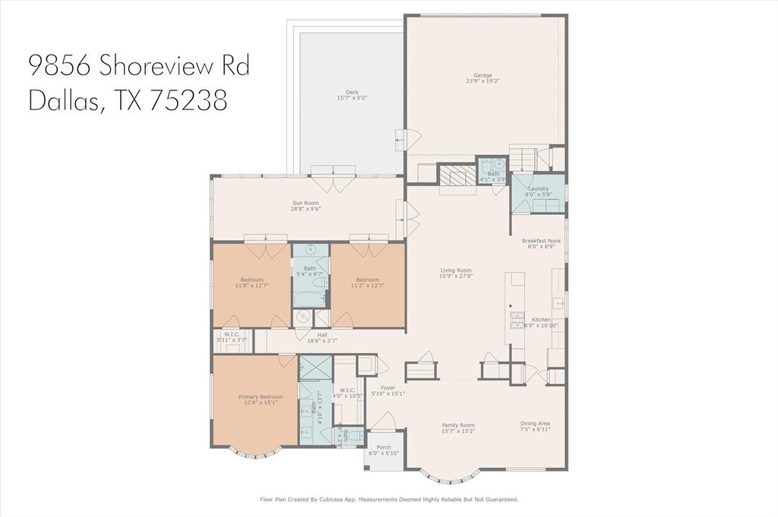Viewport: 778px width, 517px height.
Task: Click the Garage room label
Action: coord(482,75)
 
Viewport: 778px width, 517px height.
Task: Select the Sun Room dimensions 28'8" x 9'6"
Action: coord(307,209)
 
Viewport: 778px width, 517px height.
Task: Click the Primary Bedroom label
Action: coord(261,397)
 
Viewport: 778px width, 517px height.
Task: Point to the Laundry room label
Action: coord(538,188)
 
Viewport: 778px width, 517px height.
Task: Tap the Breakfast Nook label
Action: coord(541,241)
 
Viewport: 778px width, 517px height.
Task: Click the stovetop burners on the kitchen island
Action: coord(517,317)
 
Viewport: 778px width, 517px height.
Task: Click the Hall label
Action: coord(322,335)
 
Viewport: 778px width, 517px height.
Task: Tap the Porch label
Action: coord(384,448)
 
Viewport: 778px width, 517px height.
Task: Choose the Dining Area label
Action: coord(535,424)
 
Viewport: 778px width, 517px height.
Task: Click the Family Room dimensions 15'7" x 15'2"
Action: coord(458,431)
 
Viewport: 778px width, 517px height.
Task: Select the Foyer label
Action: coord(387,387)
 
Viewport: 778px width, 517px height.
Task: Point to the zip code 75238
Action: coord(188,101)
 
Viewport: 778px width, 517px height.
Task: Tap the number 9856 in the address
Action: coord(60,65)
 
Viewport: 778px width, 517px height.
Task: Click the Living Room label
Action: coord(456,270)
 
